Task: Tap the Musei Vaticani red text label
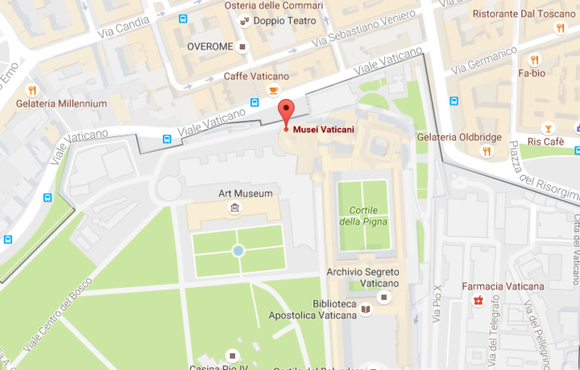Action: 323,128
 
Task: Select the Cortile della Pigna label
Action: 362,216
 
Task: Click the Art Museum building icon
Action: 234,209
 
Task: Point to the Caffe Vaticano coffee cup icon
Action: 273,90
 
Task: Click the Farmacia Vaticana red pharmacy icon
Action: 478,301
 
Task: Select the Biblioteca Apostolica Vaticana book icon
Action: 366,309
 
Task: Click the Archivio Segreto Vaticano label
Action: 362,277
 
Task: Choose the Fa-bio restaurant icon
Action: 533,60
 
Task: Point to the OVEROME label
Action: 210,47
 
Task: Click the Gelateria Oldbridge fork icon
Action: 486,151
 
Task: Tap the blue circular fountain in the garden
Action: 238,252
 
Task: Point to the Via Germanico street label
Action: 483,61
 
